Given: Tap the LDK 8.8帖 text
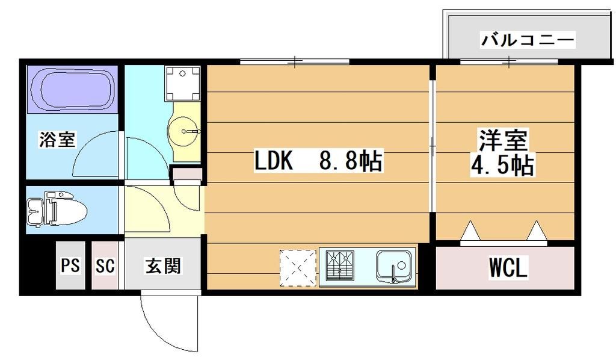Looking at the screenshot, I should (x=319, y=161).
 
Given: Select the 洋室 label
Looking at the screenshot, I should (x=503, y=140).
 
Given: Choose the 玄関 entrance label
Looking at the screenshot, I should (x=162, y=265).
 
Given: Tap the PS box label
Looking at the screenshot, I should (x=70, y=265).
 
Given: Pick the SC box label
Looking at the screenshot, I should (x=105, y=265).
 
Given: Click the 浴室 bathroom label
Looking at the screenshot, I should (x=57, y=140).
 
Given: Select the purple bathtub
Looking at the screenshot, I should (x=72, y=89).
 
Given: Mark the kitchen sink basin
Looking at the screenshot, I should (x=395, y=267).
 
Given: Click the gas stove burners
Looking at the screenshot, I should (x=340, y=265).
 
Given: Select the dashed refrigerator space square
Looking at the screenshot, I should (x=297, y=266).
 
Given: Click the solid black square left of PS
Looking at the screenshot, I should (x=38, y=266).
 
